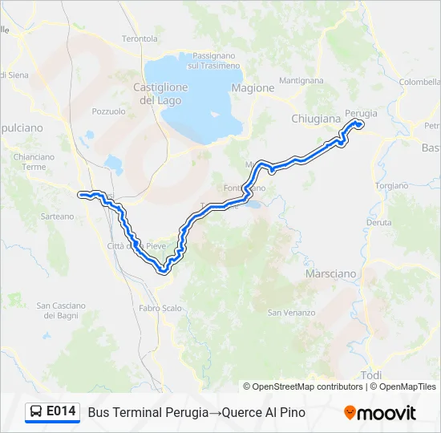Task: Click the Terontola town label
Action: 140,38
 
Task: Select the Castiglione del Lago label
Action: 160,94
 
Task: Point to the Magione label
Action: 253,88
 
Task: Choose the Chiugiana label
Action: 316,119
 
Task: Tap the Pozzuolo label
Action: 109,111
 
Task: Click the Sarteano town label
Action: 57,216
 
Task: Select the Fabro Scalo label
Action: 160,307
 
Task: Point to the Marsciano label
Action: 330,273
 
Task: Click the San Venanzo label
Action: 287,312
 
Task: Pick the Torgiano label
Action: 391,185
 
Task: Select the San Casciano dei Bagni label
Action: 60,310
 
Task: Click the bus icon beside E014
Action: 36,412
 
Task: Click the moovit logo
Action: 380,413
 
